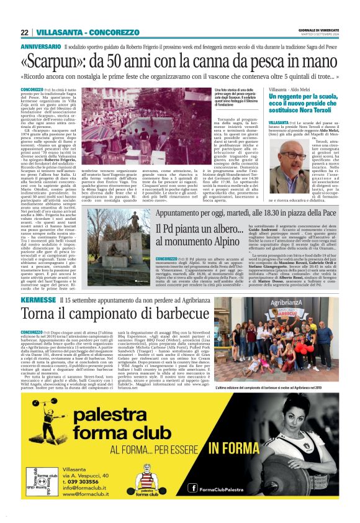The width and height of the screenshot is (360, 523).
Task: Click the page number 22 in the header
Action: click(25, 32)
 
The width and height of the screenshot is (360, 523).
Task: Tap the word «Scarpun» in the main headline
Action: click(68, 61)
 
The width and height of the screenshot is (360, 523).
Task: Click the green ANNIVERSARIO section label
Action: click(40, 47)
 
